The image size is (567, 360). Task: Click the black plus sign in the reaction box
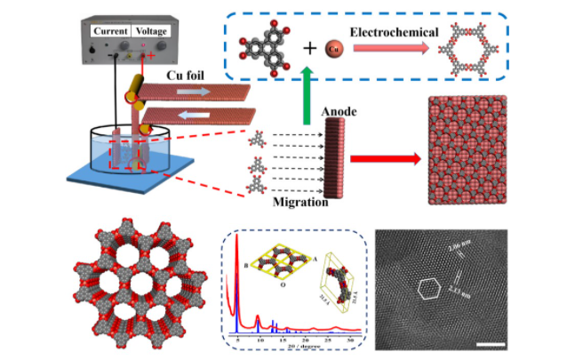[307, 46]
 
